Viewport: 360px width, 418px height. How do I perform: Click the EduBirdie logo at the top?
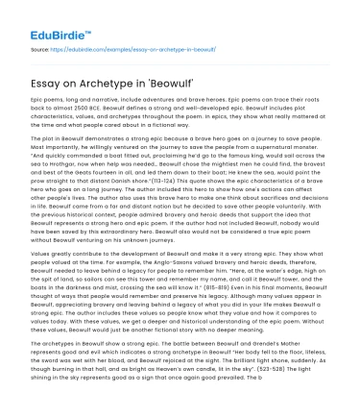(52, 22)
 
